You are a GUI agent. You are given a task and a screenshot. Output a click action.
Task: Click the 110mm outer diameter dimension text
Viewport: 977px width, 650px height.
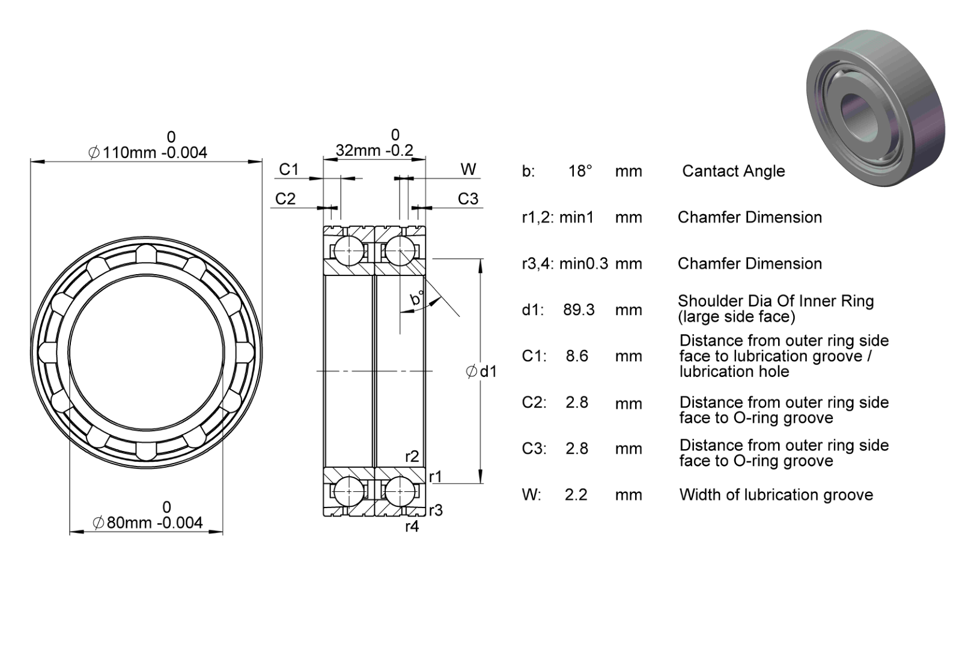click(x=147, y=152)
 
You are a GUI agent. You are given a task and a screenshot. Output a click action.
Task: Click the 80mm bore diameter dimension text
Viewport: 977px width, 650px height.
click(x=147, y=522)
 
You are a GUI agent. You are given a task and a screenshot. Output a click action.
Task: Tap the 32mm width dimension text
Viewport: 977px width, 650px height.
click(x=374, y=150)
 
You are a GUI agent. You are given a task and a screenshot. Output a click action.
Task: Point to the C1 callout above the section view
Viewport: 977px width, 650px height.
click(x=289, y=170)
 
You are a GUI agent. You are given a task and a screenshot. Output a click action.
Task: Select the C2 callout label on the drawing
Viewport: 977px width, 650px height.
click(x=285, y=199)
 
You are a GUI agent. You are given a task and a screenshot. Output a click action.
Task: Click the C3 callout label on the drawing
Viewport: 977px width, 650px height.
click(x=468, y=199)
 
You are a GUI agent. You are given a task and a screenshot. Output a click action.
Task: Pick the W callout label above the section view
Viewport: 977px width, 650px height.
click(x=469, y=170)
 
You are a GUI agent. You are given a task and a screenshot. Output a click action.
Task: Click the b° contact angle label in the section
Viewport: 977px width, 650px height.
click(x=417, y=298)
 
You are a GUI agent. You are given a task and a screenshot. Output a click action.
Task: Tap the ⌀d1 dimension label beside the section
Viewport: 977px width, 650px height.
click(x=481, y=372)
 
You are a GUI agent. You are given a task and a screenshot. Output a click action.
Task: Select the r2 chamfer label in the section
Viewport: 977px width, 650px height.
click(x=412, y=456)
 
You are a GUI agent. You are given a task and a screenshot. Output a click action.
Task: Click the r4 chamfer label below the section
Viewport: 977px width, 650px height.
click(x=412, y=527)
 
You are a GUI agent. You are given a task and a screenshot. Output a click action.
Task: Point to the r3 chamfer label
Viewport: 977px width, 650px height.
click(x=436, y=510)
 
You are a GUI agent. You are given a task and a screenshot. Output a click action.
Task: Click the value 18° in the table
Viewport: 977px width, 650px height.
click(x=580, y=171)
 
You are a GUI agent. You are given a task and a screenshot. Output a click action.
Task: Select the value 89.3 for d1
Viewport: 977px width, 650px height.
click(x=579, y=310)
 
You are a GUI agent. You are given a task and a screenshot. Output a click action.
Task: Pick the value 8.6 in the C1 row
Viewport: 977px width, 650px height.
click(x=577, y=356)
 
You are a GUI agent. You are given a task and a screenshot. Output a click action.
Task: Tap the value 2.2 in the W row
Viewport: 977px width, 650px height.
click(x=576, y=495)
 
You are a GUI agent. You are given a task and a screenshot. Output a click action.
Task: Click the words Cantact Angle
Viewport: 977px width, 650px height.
click(x=734, y=171)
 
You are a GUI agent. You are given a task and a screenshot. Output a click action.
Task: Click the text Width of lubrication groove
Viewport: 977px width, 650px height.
click(x=776, y=495)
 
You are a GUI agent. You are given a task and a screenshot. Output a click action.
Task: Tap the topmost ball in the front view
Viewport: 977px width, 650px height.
click(x=146, y=254)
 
